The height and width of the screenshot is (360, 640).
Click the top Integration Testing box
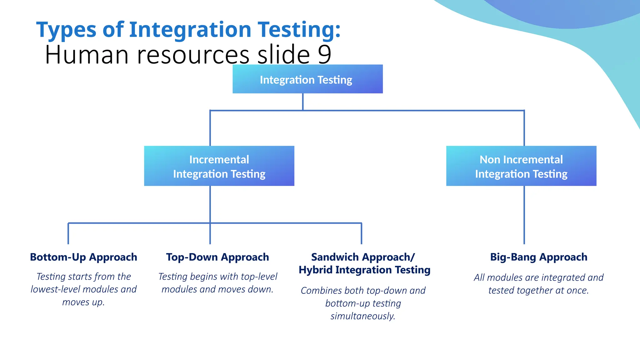click(x=307, y=79)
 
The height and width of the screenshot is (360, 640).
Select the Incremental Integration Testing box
click(x=219, y=166)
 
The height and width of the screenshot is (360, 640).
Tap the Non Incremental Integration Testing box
click(x=521, y=166)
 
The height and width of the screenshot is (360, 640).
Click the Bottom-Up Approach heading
click(x=83, y=257)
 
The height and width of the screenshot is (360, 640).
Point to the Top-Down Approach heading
click(x=217, y=257)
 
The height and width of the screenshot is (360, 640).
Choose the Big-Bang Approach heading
click(x=538, y=257)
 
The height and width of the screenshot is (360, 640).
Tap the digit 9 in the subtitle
click(x=325, y=54)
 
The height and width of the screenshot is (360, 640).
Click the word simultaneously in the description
click(x=363, y=316)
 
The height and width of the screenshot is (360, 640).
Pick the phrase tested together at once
click(x=538, y=290)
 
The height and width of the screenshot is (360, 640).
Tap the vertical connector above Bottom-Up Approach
click(x=68, y=233)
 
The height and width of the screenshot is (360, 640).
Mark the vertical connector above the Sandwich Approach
click(x=361, y=233)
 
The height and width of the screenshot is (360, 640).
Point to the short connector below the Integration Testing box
click(x=303, y=102)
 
